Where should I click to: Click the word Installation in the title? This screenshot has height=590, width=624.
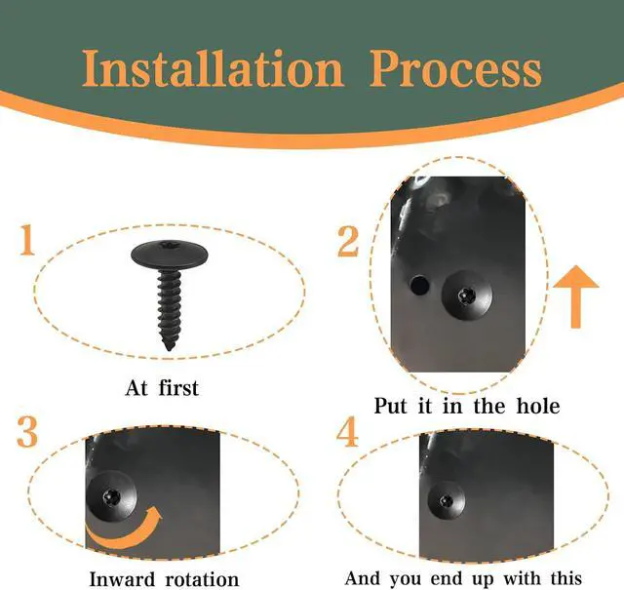tap(213, 68)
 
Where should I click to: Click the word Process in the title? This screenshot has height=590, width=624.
tap(455, 68)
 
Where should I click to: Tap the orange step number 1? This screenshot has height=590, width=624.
tap(27, 240)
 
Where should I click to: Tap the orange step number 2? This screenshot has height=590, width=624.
tap(348, 241)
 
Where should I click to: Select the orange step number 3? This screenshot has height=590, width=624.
tap(27, 432)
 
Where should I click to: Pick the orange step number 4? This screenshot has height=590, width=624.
tap(347, 432)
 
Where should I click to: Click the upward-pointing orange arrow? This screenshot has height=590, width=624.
tap(575, 296)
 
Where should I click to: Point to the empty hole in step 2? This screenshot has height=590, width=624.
tap(420, 285)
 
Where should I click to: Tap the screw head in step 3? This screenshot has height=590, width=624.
tap(112, 496)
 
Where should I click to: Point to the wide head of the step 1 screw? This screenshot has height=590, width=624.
tap(169, 255)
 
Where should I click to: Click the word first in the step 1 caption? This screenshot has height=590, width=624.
tap(178, 388)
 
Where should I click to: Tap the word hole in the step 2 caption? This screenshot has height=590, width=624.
tap(538, 406)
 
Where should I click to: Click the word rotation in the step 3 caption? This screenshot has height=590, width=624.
tap(202, 579)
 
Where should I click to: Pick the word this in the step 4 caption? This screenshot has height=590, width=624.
tap(565, 578)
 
